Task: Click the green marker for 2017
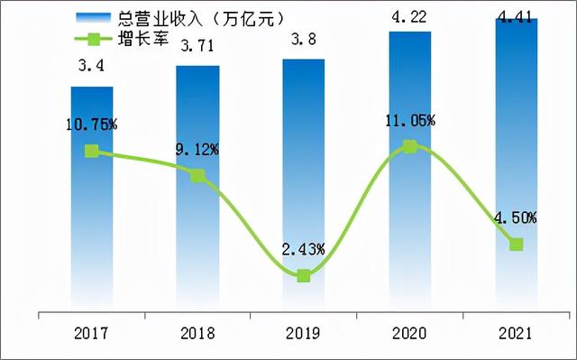[x=92, y=152]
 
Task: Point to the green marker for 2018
[x=197, y=175]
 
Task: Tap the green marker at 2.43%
[x=304, y=275]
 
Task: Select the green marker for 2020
[x=409, y=146]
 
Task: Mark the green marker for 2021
[x=516, y=245]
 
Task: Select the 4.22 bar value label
[x=409, y=14]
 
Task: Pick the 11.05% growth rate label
[x=410, y=120]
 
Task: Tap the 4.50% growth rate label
[x=517, y=217]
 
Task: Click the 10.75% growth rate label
[x=91, y=125]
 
